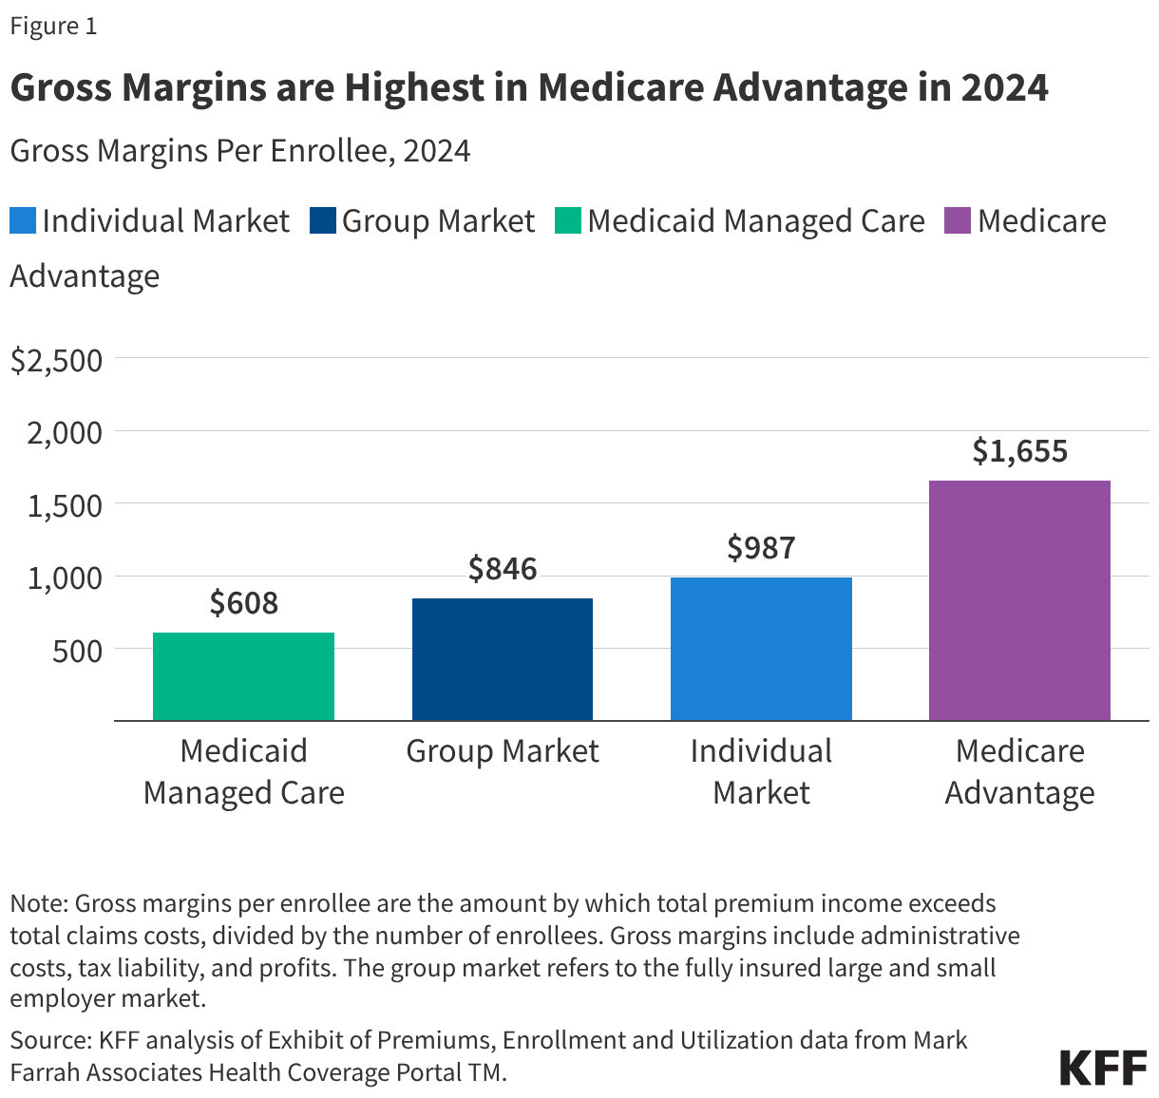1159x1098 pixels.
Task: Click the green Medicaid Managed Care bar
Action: [x=243, y=676]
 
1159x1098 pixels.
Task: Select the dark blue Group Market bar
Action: [x=503, y=659]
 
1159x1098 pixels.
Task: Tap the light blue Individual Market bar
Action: [x=761, y=649]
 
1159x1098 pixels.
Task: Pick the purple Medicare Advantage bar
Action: [x=1019, y=600]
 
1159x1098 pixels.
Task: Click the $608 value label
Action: [x=243, y=603]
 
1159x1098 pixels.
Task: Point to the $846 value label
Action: [x=503, y=569]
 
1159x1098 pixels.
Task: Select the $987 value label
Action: [x=761, y=548]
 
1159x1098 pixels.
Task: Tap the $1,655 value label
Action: [x=1019, y=451]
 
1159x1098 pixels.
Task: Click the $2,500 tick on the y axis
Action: [x=56, y=360]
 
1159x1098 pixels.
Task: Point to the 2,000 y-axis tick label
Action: [x=65, y=433]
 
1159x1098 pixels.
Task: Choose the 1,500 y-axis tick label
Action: [x=65, y=505]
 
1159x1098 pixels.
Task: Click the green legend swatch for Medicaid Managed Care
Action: [x=568, y=221]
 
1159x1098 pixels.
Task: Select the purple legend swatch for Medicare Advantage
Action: [x=957, y=221]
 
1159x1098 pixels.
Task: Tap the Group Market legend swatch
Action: [x=323, y=221]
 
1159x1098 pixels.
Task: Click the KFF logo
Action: [x=1103, y=1068]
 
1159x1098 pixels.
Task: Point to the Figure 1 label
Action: [x=53, y=26]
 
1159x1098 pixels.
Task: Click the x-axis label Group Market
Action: [x=503, y=751]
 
